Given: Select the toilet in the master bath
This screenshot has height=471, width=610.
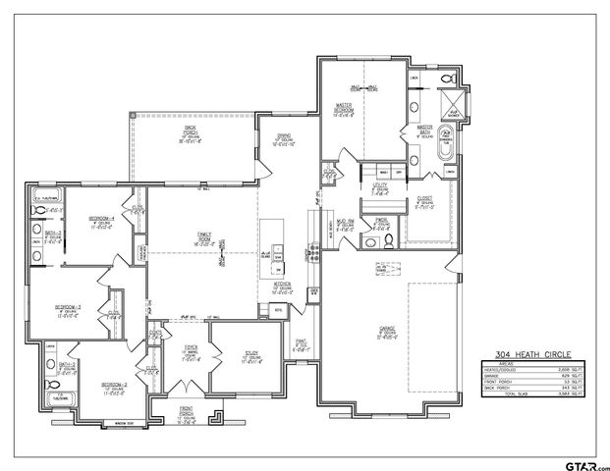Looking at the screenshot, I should pyautogui.click(x=448, y=78).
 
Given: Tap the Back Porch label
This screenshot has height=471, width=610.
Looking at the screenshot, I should pyautogui.click(x=190, y=134).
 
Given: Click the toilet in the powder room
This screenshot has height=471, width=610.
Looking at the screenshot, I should pyautogui.click(x=388, y=239).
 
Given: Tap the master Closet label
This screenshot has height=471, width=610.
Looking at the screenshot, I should pyautogui.click(x=424, y=200).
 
